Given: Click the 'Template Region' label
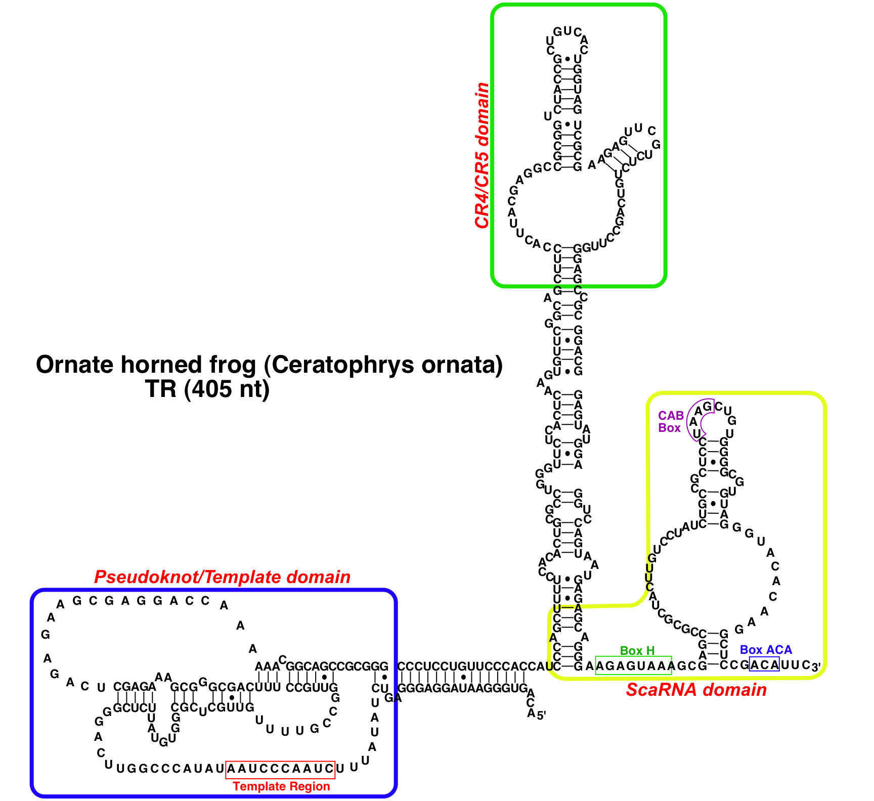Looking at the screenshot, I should point(281,786).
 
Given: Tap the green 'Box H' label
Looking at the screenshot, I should point(637,651).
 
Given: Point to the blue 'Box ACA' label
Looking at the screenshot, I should point(766,650).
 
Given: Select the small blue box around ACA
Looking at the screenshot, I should point(764,664).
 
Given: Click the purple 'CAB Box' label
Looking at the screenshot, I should point(671,422).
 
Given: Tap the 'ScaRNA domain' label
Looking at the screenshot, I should point(696,690).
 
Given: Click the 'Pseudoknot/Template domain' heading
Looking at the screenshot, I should point(222,577).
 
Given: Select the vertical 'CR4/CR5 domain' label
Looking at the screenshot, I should point(482,155).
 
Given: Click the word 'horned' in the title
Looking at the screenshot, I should point(155,365).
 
